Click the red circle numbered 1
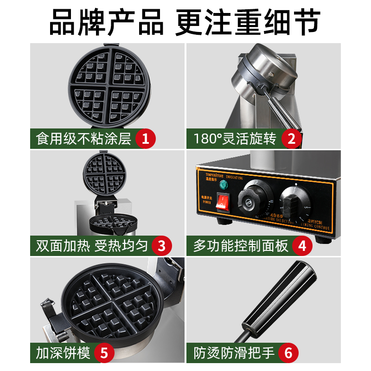[x=146, y=138]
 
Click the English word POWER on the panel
[x=206, y=203]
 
